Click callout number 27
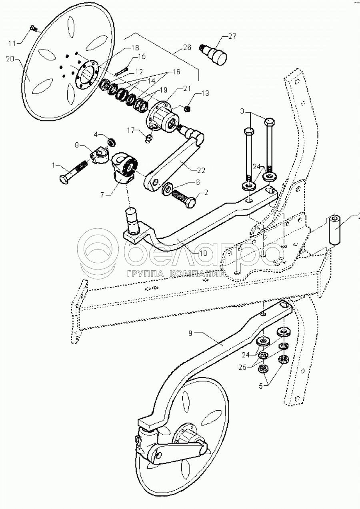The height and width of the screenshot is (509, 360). pyautogui.click(x=232, y=36)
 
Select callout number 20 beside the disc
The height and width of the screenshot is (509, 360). pyautogui.click(x=10, y=58)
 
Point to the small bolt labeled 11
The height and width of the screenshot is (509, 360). pyautogui.click(x=34, y=28)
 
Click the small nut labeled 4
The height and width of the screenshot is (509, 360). pyautogui.click(x=113, y=141)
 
